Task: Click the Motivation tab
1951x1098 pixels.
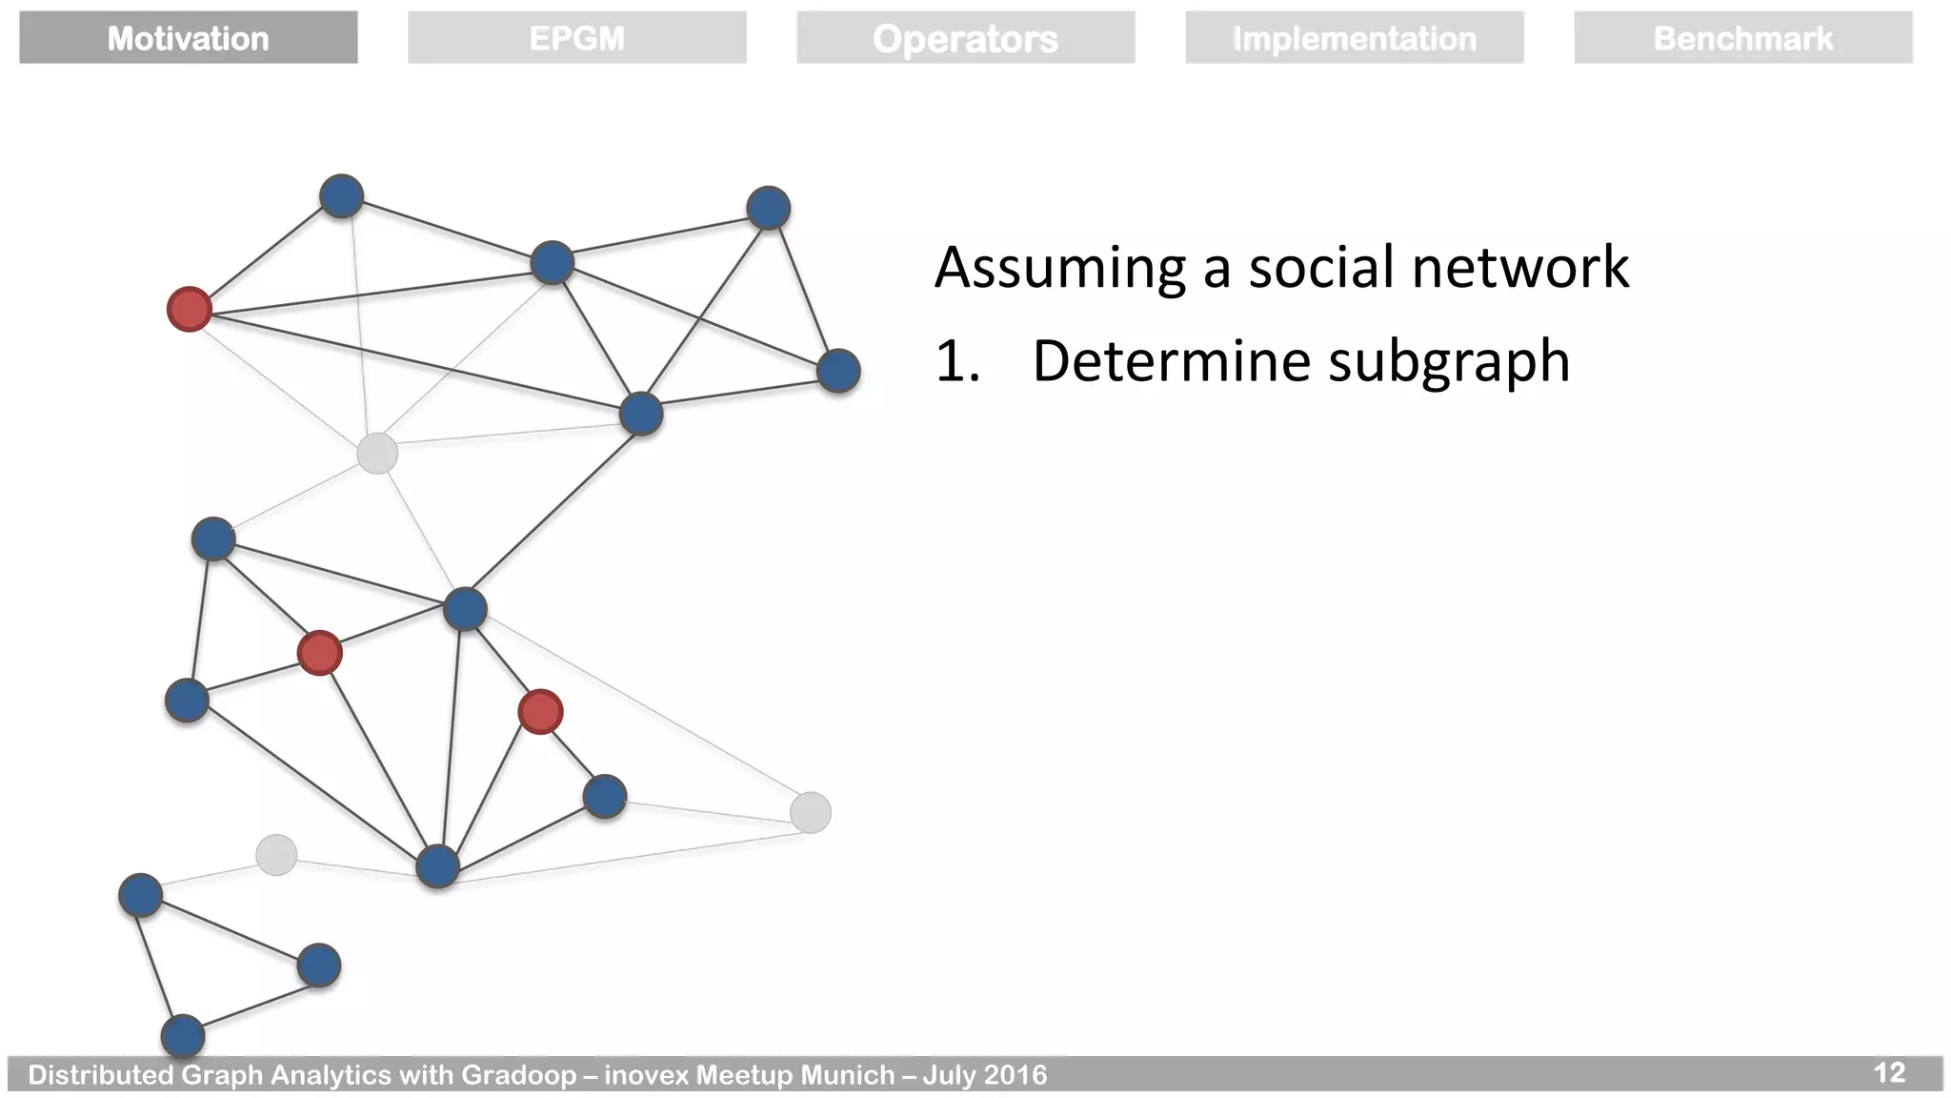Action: click(188, 38)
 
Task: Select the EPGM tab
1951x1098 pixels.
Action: click(576, 38)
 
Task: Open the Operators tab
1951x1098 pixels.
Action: click(965, 38)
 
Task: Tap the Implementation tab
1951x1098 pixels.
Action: click(1354, 38)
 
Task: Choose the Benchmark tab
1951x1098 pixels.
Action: click(1742, 38)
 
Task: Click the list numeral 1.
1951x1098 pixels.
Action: click(955, 362)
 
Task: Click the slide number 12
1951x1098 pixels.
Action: click(1889, 1073)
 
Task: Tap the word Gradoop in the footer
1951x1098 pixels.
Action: click(518, 1075)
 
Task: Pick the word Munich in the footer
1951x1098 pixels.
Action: click(847, 1075)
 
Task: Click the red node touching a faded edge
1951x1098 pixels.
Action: click(189, 310)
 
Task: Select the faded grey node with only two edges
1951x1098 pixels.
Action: click(276, 854)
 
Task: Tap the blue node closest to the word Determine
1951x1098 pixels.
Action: click(838, 371)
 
